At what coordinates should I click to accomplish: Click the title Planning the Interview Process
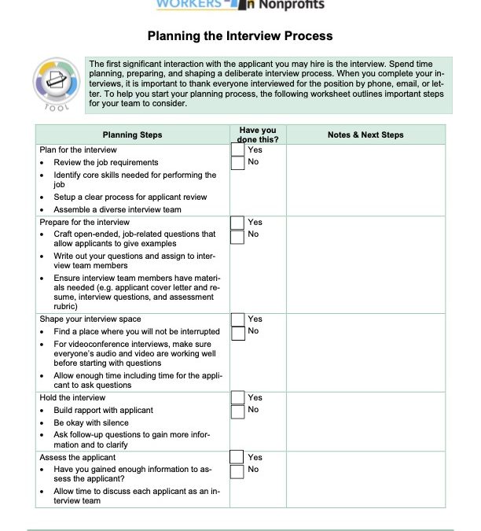pos(240,36)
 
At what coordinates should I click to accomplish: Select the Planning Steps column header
pos(132,135)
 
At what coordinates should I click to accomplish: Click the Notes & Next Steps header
pos(365,135)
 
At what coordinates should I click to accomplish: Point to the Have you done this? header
pos(257,135)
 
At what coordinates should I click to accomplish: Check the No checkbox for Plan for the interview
pos(237,163)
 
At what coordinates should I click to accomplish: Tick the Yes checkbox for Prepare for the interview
pos(237,223)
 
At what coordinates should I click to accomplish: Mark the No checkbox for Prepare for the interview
pos(237,235)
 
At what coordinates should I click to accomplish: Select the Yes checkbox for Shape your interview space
pos(237,319)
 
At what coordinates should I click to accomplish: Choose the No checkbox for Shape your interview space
pos(237,332)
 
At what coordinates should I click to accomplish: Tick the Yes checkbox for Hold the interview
pos(237,398)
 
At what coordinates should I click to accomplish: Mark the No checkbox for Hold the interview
pos(237,411)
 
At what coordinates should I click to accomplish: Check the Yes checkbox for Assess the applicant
pos(237,457)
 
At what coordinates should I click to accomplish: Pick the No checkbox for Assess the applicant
pos(237,470)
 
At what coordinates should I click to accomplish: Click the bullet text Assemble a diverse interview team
pos(117,209)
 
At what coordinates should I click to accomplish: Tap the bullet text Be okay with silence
pos(90,422)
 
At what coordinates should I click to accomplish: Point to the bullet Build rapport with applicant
pos(103,410)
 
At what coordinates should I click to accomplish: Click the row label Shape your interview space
pos(90,319)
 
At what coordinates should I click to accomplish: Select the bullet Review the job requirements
pos(105,162)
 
